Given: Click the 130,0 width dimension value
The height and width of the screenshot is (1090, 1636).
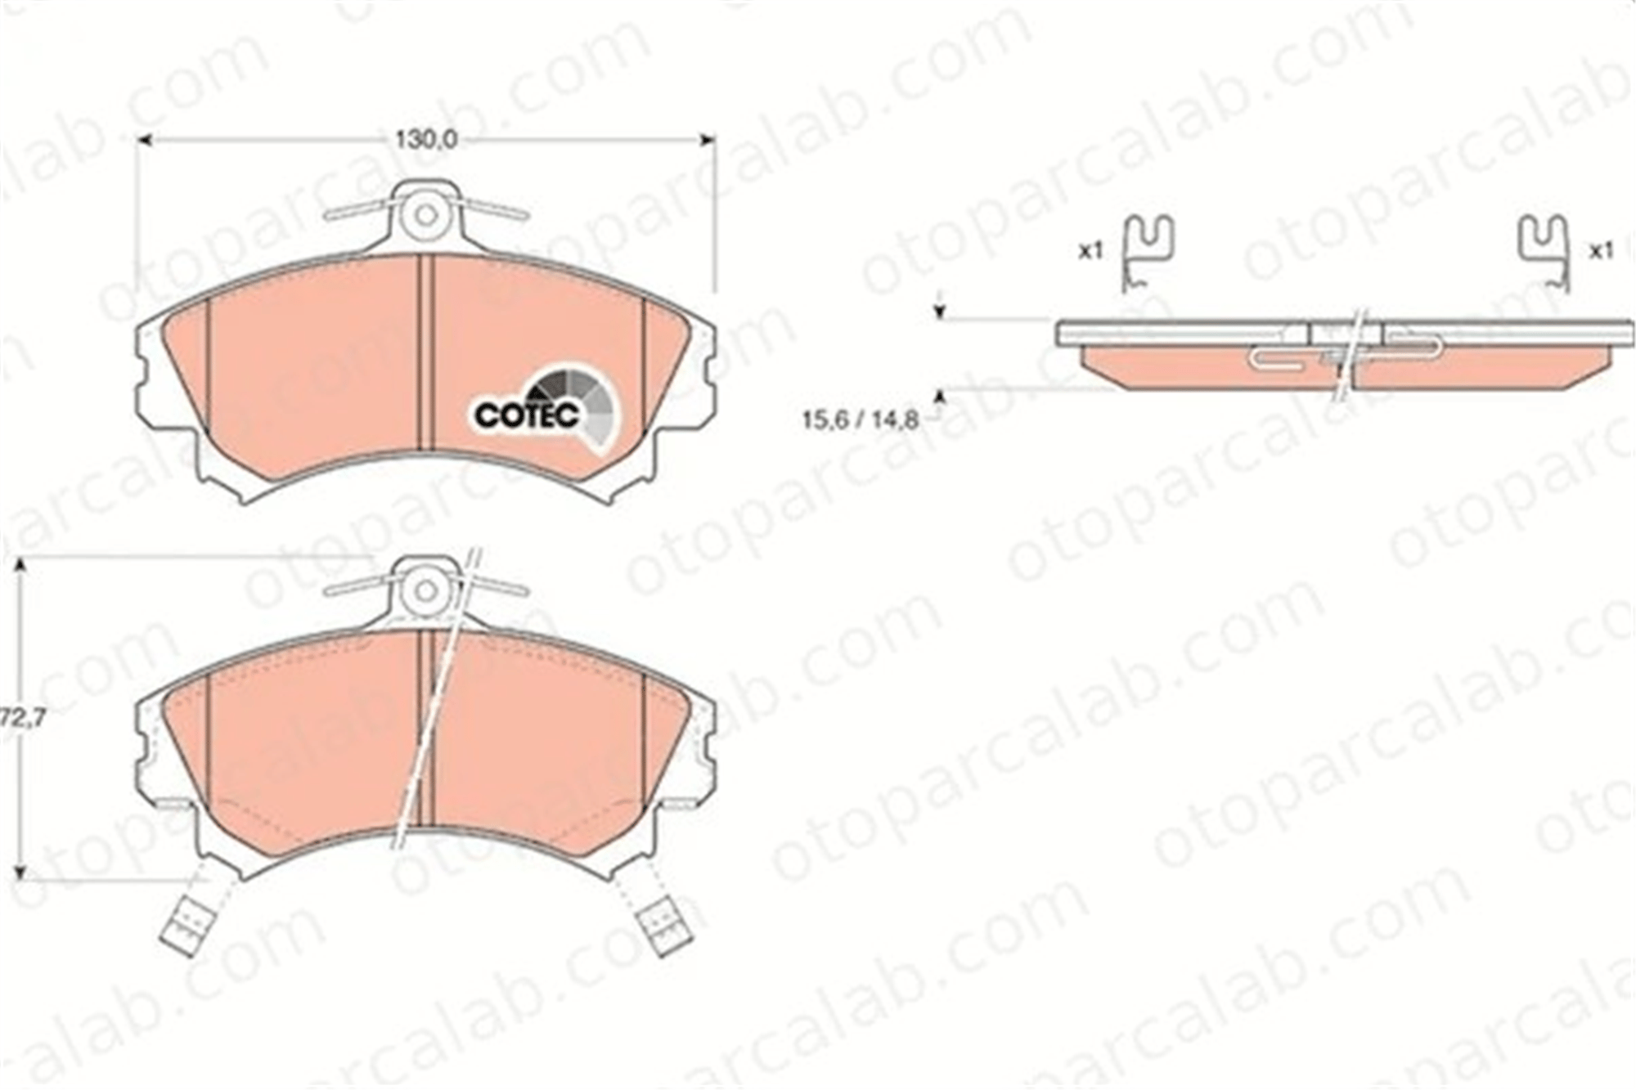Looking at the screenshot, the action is click(426, 140).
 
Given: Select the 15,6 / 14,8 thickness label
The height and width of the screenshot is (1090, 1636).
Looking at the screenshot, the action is click(860, 420).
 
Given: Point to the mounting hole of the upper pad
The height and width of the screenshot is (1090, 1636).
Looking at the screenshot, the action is click(425, 215).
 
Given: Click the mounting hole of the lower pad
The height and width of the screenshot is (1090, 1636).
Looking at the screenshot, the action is click(425, 590).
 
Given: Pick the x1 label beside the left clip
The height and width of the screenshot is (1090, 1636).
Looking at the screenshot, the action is click(1090, 251).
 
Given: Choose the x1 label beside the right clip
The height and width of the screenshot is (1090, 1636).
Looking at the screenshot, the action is click(1601, 251).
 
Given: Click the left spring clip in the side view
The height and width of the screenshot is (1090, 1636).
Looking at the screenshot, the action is click(1148, 253).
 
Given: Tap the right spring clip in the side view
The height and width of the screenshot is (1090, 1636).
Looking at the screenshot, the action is click(1544, 253).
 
